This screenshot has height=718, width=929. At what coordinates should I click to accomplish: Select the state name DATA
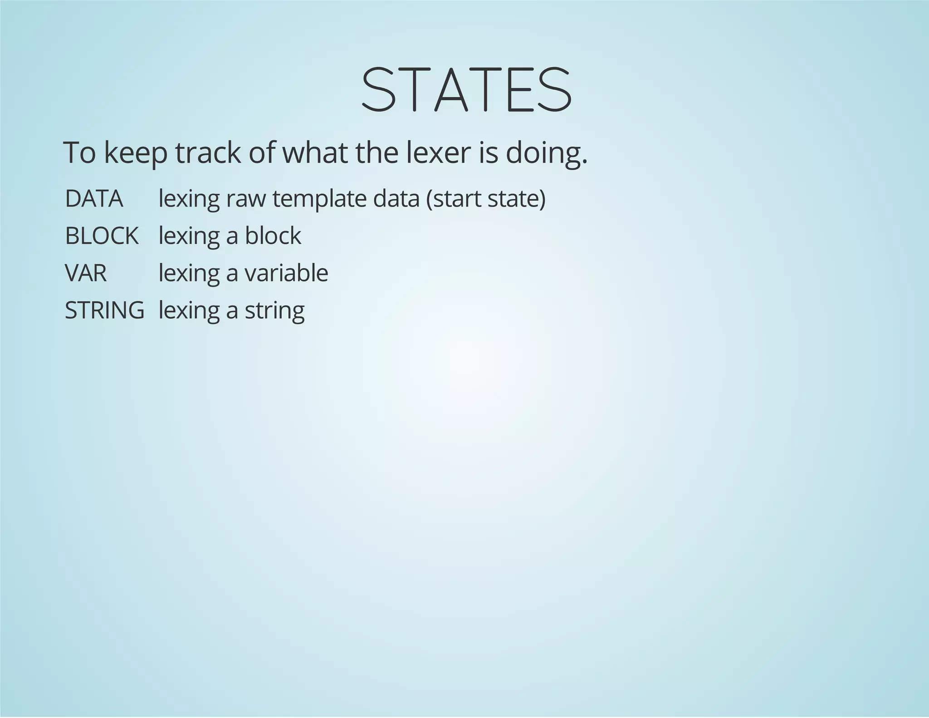click(94, 199)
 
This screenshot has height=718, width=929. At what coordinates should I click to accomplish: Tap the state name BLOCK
click(102, 236)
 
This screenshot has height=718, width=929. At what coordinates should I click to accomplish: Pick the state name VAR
click(86, 273)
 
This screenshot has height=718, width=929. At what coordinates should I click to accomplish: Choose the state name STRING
click(104, 310)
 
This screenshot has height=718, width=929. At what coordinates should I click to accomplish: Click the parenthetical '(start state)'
click(486, 199)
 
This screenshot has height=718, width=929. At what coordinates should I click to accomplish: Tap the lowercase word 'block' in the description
click(273, 236)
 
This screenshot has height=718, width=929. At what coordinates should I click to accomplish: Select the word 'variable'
click(286, 273)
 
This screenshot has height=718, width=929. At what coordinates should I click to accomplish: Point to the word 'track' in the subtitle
click(208, 153)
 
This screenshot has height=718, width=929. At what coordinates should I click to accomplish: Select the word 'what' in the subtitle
click(316, 153)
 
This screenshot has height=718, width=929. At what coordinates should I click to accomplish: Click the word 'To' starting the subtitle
click(79, 153)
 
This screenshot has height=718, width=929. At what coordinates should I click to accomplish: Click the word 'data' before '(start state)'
click(396, 199)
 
